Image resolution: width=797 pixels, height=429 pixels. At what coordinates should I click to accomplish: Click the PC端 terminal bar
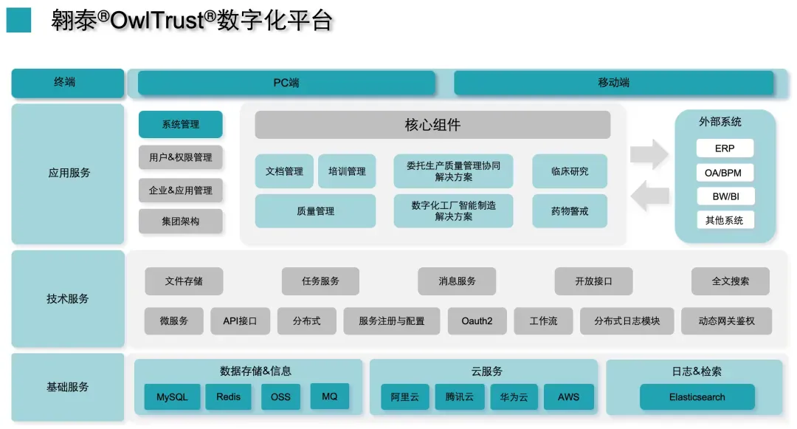point(286,83)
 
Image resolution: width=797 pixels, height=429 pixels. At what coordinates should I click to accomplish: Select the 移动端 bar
point(613,83)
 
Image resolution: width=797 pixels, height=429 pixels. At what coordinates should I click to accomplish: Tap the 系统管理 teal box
point(180,124)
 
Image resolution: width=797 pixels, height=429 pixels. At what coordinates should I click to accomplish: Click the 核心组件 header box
point(432,125)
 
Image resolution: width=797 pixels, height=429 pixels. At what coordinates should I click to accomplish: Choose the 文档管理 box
point(284,171)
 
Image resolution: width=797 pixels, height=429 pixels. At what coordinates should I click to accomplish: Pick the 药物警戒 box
point(569,211)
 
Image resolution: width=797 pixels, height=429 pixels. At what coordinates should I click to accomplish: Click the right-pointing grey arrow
point(649,154)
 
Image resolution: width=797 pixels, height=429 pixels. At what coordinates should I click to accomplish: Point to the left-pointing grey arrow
point(650,195)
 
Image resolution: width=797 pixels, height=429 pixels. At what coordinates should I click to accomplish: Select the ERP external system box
point(725,148)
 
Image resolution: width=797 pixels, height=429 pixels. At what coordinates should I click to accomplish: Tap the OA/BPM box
point(725,173)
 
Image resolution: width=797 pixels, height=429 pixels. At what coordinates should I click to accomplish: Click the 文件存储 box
point(184,281)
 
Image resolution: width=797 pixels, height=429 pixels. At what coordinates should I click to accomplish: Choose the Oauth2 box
point(477,321)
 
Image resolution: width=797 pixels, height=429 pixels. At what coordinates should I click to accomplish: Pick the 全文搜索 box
point(730,281)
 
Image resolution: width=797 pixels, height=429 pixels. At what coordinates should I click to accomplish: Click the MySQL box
point(172,397)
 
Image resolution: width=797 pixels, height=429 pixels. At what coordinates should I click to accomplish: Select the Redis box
point(229,397)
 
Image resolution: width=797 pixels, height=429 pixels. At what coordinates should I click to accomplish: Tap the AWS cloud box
point(568,397)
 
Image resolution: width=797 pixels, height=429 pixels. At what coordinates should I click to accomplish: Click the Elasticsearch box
point(697,397)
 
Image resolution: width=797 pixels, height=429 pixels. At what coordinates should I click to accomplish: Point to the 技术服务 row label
point(67,298)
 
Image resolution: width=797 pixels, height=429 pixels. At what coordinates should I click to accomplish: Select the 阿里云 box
point(404,397)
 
